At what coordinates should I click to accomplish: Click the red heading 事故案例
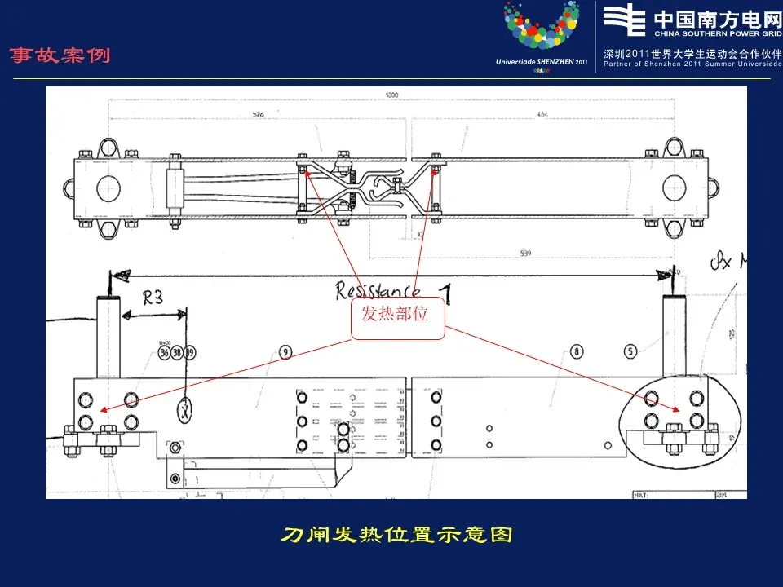point(60,56)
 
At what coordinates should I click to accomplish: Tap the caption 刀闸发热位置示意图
point(396,536)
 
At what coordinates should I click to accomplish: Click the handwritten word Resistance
point(378,290)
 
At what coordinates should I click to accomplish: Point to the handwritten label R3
point(153,298)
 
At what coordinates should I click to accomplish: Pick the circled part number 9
point(285,352)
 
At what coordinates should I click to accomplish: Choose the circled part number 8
point(577,352)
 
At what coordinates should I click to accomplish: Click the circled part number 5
point(630,352)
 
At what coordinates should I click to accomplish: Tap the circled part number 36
point(164,353)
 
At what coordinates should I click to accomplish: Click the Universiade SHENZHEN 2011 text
point(542,61)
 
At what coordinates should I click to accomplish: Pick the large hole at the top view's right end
point(676,188)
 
